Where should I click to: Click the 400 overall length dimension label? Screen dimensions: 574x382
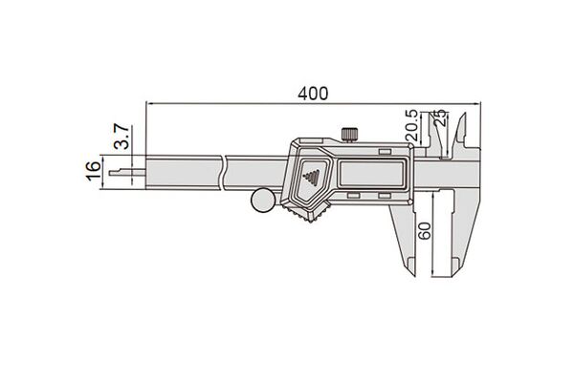(313, 94)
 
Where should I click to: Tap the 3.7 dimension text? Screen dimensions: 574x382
(121, 137)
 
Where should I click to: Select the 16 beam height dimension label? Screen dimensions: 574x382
(94, 170)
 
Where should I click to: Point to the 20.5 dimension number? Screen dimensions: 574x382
(411, 125)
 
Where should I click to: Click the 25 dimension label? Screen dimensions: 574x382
(441, 117)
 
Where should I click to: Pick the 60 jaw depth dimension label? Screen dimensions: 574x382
(425, 230)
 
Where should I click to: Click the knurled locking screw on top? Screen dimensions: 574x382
(349, 134)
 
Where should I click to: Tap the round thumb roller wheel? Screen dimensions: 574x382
(263, 200)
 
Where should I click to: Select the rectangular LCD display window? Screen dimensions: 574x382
(372, 174)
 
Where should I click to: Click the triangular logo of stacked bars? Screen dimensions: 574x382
(312, 178)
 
